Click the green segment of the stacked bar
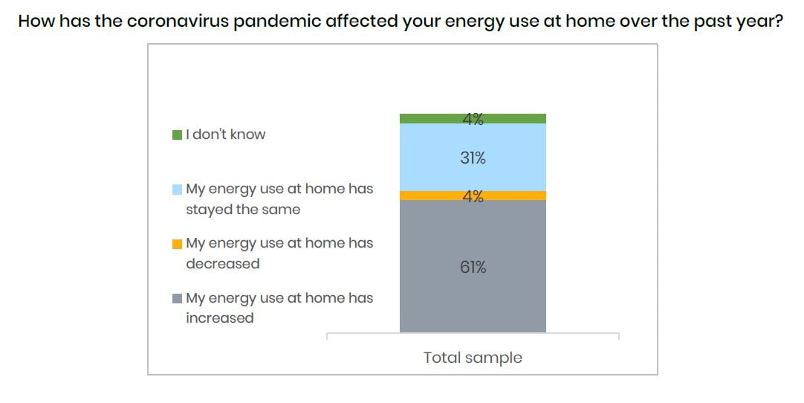(x=473, y=118)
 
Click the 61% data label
(x=473, y=267)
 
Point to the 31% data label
(x=473, y=158)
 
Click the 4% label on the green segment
(x=473, y=119)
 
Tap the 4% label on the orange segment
(x=473, y=196)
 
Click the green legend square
(x=178, y=135)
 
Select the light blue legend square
(x=178, y=190)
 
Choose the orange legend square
(x=178, y=244)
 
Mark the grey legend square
(x=178, y=298)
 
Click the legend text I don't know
(x=226, y=135)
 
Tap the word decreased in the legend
(x=222, y=263)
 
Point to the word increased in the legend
(x=219, y=317)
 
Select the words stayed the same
(x=243, y=210)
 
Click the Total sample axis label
(x=473, y=358)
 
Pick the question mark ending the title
(x=779, y=21)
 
